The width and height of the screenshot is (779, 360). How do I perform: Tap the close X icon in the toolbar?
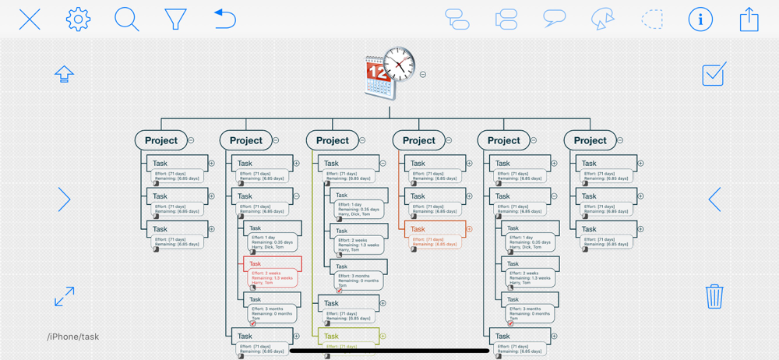pos(30,19)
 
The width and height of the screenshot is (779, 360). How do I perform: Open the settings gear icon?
pos(78,19)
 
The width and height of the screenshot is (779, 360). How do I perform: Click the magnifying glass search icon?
pos(127,19)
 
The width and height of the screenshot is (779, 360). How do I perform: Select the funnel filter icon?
pos(176,19)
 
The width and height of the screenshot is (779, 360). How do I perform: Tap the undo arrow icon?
pos(224,19)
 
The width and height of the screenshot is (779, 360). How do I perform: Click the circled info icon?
pos(700,19)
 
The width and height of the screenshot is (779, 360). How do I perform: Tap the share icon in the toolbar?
pos(749,19)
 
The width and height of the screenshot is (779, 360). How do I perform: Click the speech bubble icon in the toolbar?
pos(555,19)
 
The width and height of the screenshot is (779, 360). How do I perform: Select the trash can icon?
pos(714,297)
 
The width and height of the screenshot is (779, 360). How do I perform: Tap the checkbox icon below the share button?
pos(714,74)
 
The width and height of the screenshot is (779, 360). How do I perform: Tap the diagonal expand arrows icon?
pos(65,296)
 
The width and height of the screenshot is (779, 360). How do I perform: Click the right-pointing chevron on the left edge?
pos(65,199)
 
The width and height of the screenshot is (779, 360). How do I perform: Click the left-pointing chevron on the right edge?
pos(714,199)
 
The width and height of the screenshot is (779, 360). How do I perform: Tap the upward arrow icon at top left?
pos(64,74)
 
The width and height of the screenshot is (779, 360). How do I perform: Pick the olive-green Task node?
pos(348,337)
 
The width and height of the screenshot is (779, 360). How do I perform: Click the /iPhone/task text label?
pos(73,337)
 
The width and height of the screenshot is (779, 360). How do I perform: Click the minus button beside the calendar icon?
pos(423,75)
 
